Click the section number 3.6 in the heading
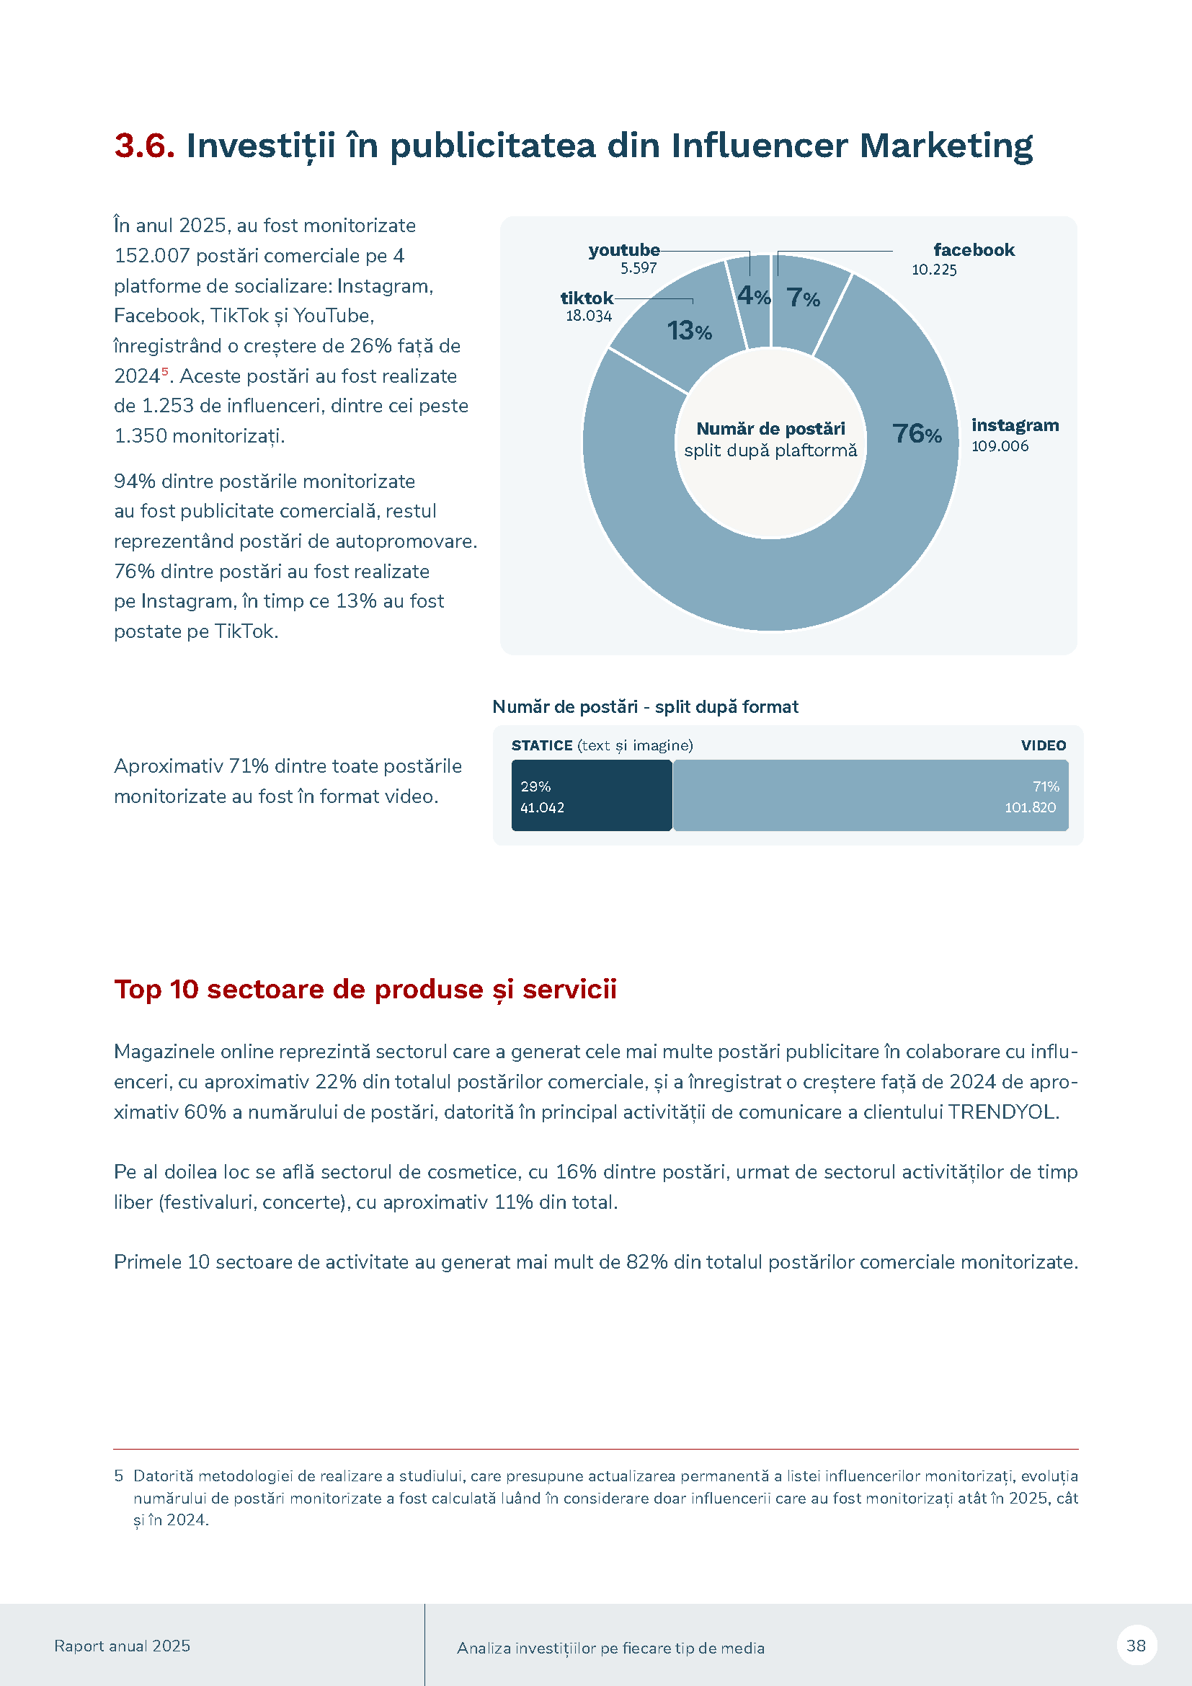point(144,146)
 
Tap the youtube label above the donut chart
point(624,250)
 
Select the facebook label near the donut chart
point(973,250)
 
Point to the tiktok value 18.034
point(588,316)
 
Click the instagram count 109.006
point(1000,446)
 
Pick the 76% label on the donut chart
point(916,434)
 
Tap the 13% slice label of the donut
point(689,331)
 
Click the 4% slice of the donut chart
point(753,296)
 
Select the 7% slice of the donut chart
point(802,298)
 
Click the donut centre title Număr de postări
point(770,429)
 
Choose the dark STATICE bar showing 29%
point(592,795)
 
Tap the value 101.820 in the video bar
point(1030,808)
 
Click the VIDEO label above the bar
point(1043,745)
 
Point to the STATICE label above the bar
point(542,745)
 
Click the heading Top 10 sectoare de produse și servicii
point(365,989)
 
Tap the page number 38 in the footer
point(1136,1646)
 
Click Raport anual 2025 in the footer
point(122,1646)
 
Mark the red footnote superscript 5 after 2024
point(165,371)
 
